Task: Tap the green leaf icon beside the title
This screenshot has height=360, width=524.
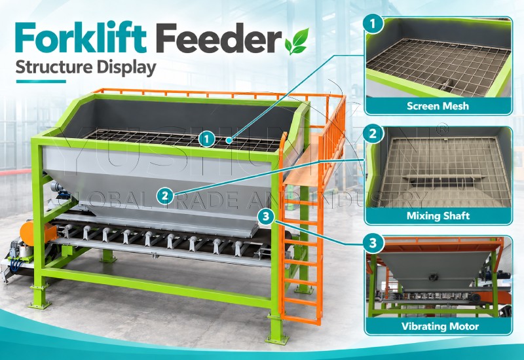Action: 297,41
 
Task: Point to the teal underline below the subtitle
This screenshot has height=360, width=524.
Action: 41,81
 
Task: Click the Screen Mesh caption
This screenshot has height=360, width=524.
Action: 438,106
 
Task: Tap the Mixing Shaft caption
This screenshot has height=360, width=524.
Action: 438,216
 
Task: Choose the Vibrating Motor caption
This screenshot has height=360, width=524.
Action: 440,326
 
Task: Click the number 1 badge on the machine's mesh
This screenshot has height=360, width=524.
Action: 207,139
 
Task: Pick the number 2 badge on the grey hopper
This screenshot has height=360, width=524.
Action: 166,196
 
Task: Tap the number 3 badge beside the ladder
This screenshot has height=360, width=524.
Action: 266,217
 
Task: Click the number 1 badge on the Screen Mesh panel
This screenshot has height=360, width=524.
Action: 373,24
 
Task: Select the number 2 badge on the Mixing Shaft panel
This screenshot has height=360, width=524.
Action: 373,134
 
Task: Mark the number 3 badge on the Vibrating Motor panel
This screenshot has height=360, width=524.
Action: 373,243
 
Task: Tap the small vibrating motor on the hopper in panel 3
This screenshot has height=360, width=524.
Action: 434,276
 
